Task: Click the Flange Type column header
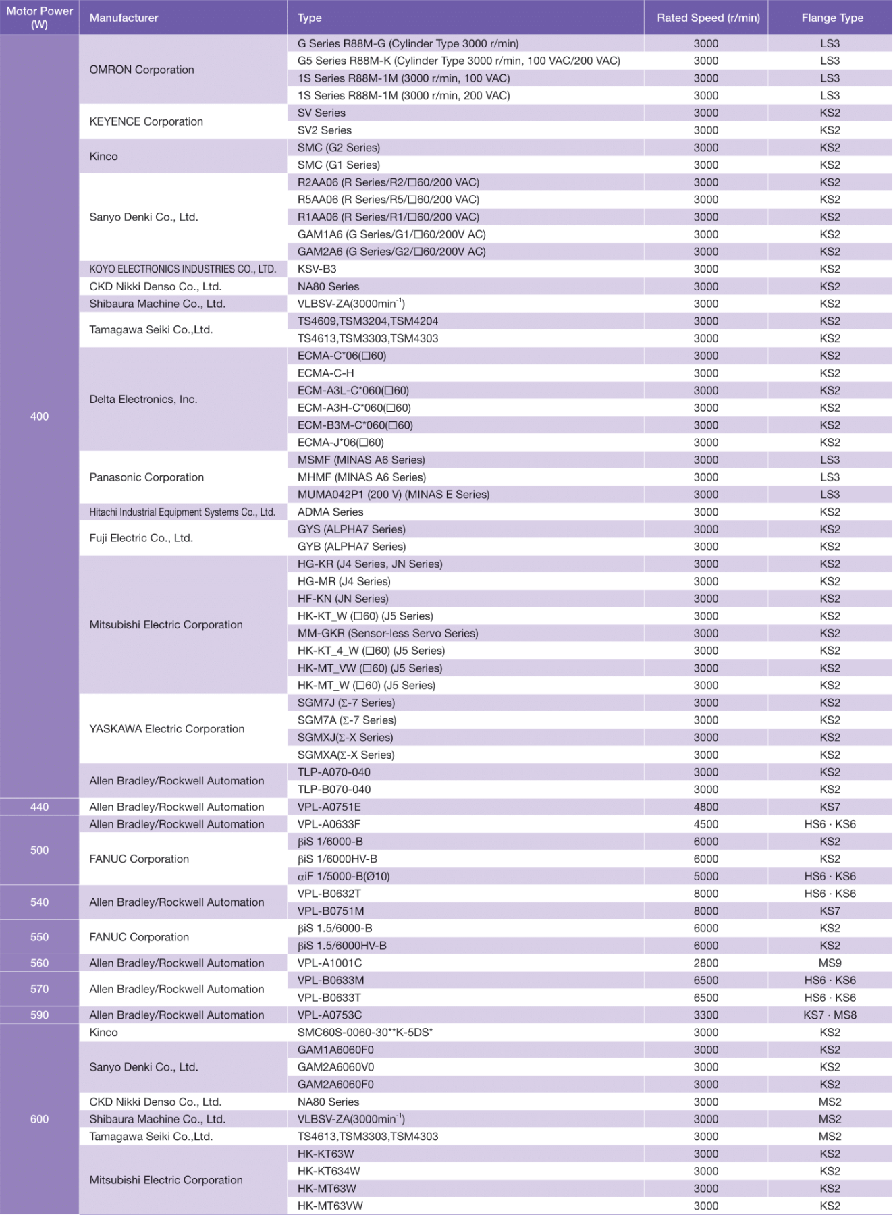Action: pyautogui.click(x=832, y=18)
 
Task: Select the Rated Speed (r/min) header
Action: pyautogui.click(x=707, y=18)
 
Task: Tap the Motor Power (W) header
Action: pyautogui.click(x=39, y=18)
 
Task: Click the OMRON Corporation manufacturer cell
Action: pyautogui.click(x=142, y=70)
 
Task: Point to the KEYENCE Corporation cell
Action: pyautogui.click(x=146, y=122)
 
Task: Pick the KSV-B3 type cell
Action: pyautogui.click(x=317, y=269)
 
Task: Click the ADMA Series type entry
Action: pyautogui.click(x=330, y=512)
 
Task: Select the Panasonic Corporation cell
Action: pyautogui.click(x=146, y=477)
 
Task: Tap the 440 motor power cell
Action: pyautogui.click(x=39, y=807)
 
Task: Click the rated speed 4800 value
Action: pyautogui.click(x=705, y=807)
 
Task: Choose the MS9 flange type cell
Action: pyautogui.click(x=830, y=963)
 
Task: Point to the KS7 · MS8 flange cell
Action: pyautogui.click(x=830, y=1015)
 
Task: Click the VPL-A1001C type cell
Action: pyautogui.click(x=329, y=963)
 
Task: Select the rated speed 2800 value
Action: pyautogui.click(x=705, y=963)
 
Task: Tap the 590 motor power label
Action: pyautogui.click(x=39, y=1015)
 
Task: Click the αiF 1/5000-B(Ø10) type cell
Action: pyautogui.click(x=344, y=876)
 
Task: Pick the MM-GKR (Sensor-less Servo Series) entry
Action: pyautogui.click(x=387, y=633)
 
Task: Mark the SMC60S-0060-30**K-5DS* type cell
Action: pyautogui.click(x=364, y=1033)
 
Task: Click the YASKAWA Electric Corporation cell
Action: pyautogui.click(x=167, y=729)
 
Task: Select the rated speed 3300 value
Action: pyautogui.click(x=705, y=1015)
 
